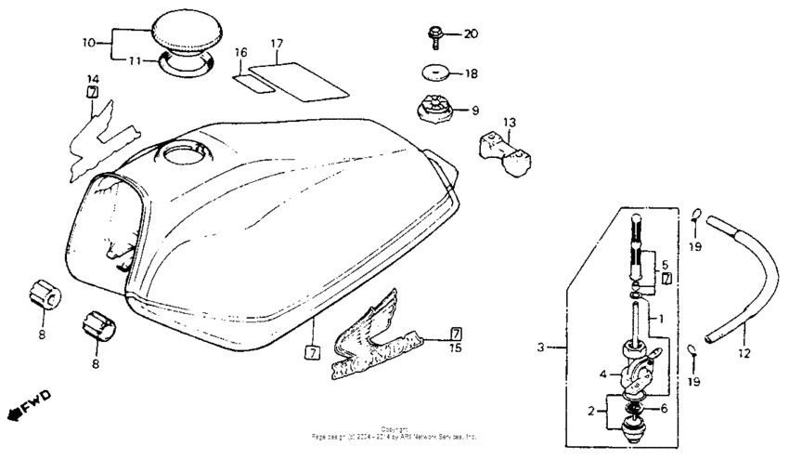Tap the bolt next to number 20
click(435, 35)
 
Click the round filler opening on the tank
click(188, 153)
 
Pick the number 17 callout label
click(276, 44)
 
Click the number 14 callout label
click(93, 78)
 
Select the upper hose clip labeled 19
click(693, 217)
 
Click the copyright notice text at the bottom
click(394, 432)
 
